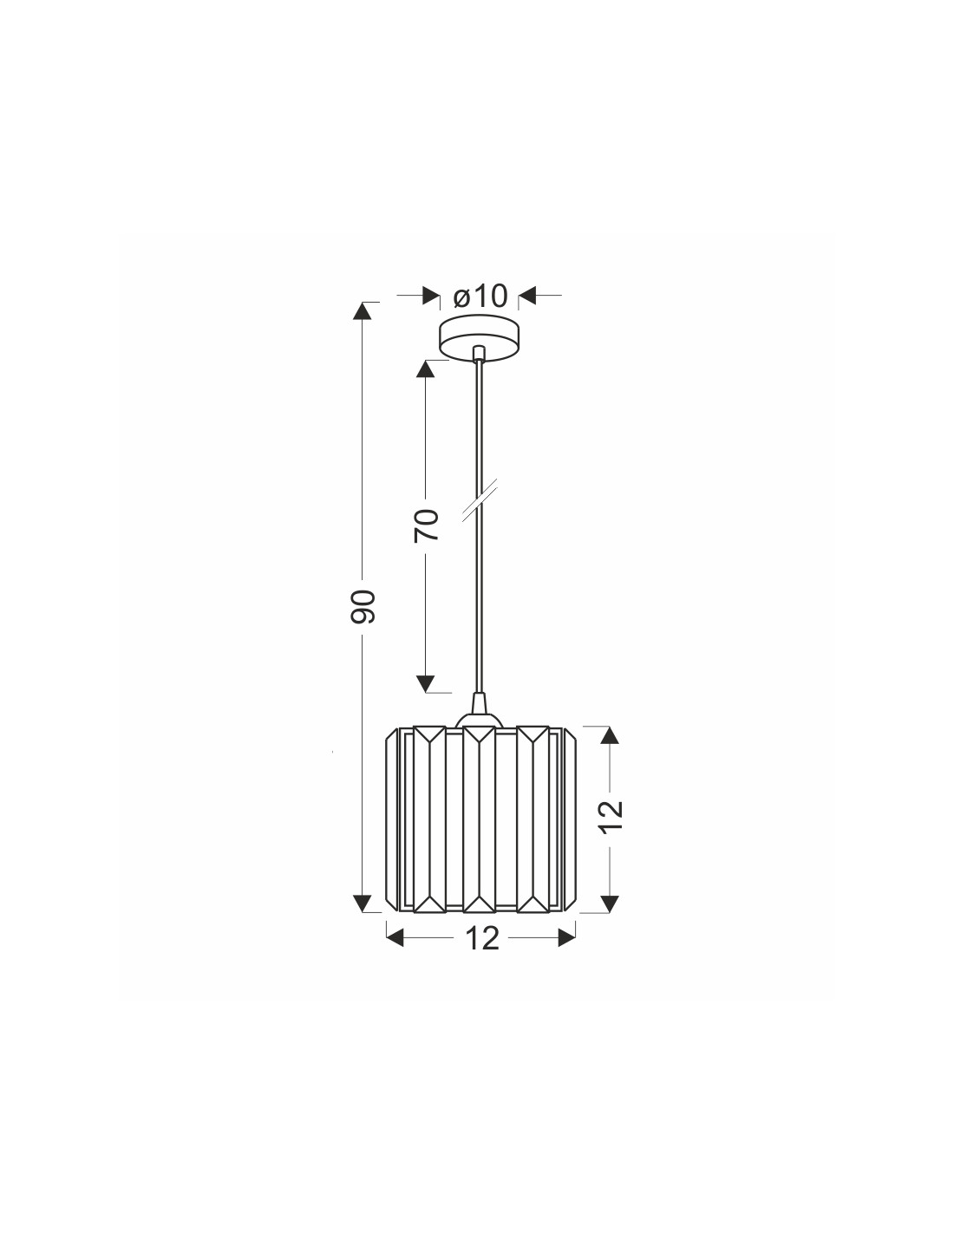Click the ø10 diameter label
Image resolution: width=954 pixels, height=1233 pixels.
480,297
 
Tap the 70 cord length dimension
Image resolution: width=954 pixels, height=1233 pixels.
426,525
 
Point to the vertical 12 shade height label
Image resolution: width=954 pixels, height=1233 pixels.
611,816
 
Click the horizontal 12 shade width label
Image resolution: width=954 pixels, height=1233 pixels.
482,938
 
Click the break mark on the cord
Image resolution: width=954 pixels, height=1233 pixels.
480,500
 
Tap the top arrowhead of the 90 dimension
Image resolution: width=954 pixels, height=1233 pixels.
362,311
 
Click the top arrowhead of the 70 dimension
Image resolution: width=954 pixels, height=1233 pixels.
426,369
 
